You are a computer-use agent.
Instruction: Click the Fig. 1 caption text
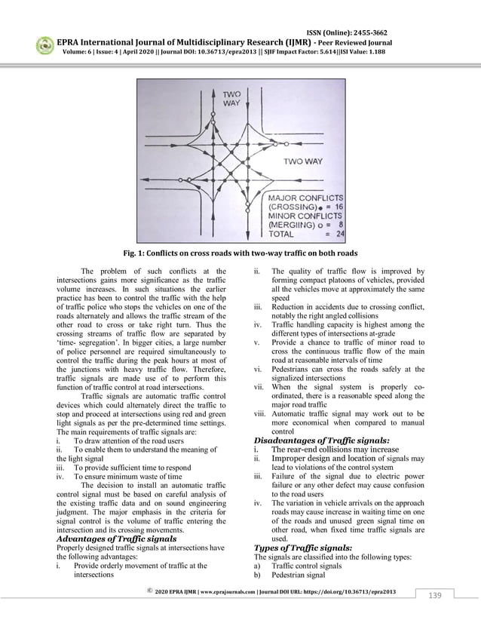pyautogui.click(x=240, y=253)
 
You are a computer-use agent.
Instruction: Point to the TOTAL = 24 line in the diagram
pyautogui.click(x=300, y=235)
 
